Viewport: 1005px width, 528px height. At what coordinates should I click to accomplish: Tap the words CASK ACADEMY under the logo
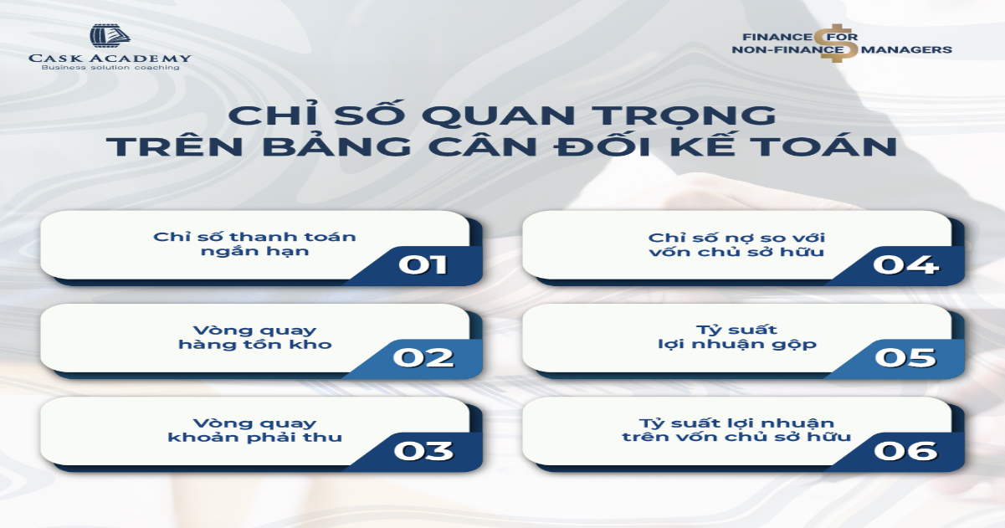tap(110, 58)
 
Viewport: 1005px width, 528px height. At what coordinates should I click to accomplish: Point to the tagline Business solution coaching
tap(110, 68)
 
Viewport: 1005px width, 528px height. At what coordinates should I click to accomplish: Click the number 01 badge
tap(423, 264)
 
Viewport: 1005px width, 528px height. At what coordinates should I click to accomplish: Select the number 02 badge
tap(423, 357)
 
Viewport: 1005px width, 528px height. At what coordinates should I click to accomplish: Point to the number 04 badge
tap(905, 264)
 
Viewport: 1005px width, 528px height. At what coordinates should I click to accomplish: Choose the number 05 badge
tap(905, 357)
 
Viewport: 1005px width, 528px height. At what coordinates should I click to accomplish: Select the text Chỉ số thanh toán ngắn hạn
tap(254, 243)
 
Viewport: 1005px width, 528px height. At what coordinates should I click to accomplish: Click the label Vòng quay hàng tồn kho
tap(254, 336)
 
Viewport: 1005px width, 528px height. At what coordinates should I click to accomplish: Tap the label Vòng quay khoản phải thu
tap(254, 429)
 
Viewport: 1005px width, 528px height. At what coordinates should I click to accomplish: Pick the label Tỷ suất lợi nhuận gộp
tap(736, 336)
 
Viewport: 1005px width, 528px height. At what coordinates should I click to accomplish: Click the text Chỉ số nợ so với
tap(736, 236)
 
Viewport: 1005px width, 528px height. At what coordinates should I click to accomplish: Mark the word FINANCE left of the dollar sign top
tap(777, 37)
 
